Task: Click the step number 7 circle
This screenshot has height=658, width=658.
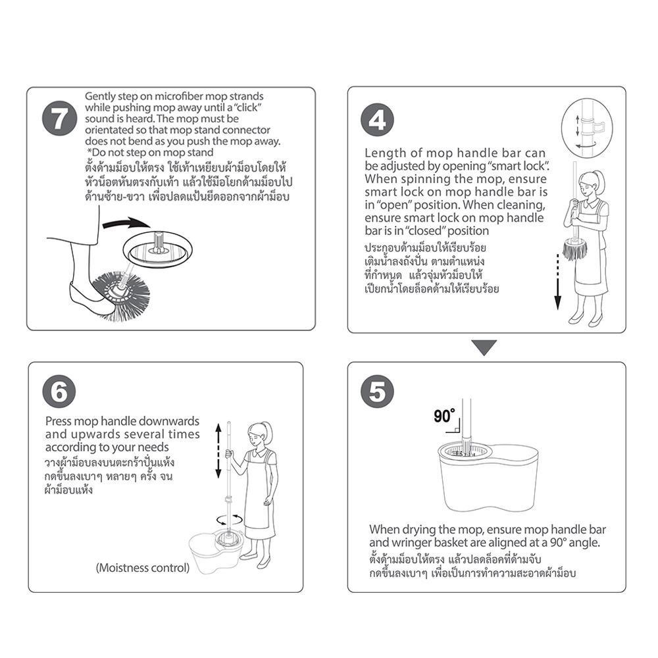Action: click(60, 118)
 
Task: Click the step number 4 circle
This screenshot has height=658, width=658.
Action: click(377, 120)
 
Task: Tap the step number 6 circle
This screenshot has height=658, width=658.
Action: click(59, 392)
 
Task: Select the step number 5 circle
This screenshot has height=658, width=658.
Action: click(377, 392)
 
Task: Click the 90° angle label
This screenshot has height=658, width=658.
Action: click(444, 416)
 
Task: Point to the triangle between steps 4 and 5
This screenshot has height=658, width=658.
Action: click(484, 347)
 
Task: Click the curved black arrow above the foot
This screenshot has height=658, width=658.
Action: click(126, 223)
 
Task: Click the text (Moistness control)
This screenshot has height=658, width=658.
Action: click(143, 568)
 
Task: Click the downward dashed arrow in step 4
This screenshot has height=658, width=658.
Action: click(558, 282)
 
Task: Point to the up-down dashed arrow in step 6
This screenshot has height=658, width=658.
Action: click(218, 451)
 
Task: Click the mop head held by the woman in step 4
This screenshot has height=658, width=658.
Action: click(575, 249)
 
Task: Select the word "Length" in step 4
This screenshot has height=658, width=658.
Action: click(380, 153)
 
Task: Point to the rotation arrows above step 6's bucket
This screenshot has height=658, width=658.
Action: click(229, 520)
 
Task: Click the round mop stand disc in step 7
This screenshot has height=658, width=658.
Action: click(157, 250)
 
